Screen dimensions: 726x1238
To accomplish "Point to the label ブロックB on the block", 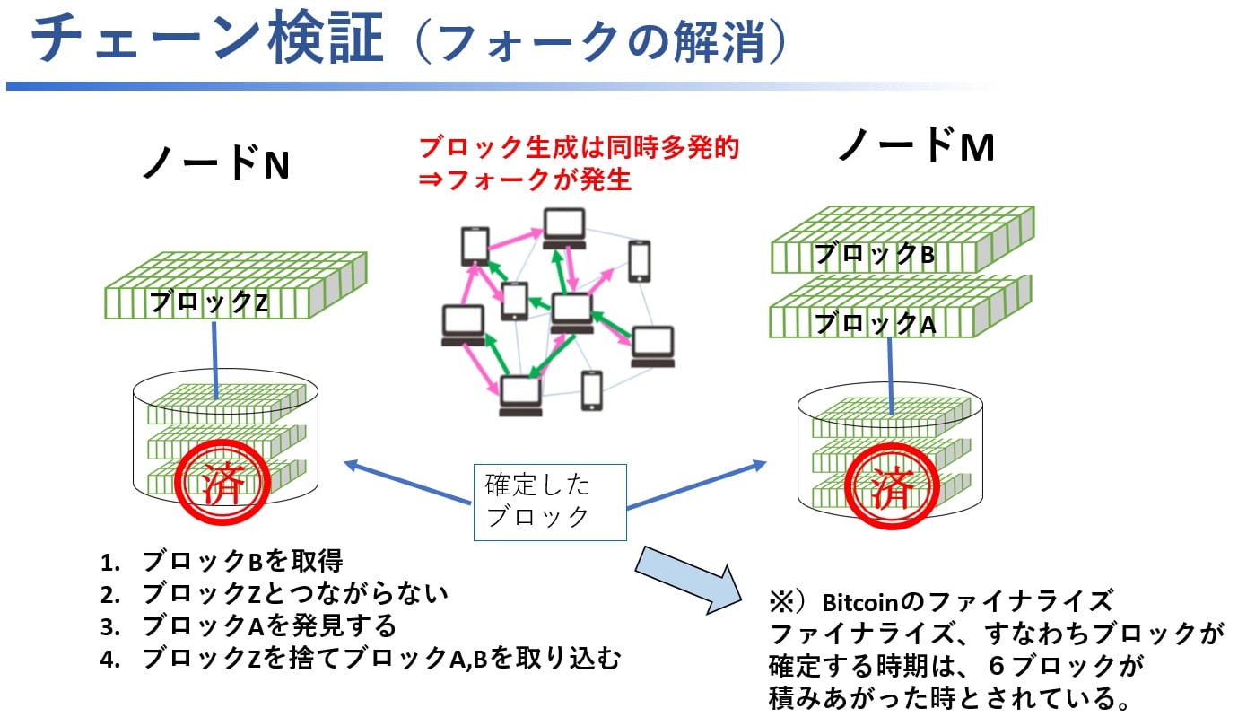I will point(874,255).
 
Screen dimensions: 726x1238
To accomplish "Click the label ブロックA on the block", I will point(874,323).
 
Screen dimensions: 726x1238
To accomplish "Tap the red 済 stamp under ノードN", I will point(221,485).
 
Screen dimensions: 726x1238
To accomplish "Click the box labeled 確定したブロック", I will point(549,502).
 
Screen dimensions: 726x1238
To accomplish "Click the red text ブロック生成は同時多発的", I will point(579,147).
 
